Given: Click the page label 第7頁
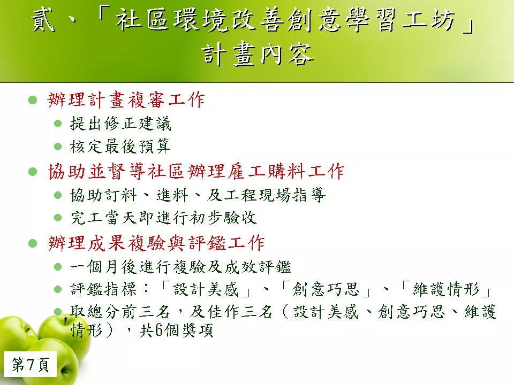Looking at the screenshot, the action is tap(31, 364).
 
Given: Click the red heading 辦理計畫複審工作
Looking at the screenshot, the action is tap(126, 99).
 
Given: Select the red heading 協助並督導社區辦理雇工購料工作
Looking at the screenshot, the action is tap(196, 171).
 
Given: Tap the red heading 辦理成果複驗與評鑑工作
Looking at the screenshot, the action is tap(156, 243).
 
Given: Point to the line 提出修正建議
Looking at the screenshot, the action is tap(120, 124).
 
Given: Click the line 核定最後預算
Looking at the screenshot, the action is tap(120, 146).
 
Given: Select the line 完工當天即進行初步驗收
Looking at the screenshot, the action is tap(163, 218).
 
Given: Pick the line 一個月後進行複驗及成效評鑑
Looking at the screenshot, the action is tap(180, 267).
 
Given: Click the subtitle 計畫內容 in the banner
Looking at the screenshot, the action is tap(258, 55).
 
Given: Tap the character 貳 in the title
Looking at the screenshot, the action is tap(43, 20).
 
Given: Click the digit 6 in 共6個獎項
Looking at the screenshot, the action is tap(158, 330).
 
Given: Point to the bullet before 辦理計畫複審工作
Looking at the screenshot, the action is tap(33, 100).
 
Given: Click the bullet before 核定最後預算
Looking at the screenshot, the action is tap(58, 147).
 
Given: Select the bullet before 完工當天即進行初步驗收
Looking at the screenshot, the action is tap(58, 218).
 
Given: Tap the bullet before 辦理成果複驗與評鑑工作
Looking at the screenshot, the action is tap(33, 243).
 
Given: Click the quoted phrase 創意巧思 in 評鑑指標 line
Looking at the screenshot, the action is tap(326, 289).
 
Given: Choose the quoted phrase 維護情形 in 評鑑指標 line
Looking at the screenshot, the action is tap(446, 289).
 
